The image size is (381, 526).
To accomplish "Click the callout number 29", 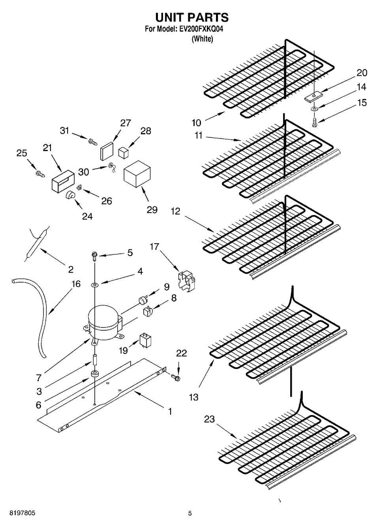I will click(x=152, y=210).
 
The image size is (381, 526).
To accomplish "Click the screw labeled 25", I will click(x=40, y=173).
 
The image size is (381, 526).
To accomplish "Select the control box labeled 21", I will click(x=62, y=181).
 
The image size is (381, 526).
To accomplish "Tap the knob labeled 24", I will click(x=71, y=195).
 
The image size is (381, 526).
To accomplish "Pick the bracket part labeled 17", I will click(x=187, y=281).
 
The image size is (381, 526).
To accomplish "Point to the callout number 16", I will click(x=76, y=284).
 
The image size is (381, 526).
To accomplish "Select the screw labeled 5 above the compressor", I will click(x=95, y=256).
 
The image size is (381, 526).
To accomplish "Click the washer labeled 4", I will click(x=95, y=284).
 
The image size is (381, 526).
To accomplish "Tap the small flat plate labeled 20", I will click(x=313, y=96).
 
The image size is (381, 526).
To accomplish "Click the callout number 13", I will click(x=193, y=397).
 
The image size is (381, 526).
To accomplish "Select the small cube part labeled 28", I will click(x=124, y=152).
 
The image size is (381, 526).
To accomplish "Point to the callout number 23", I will click(x=209, y=419).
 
